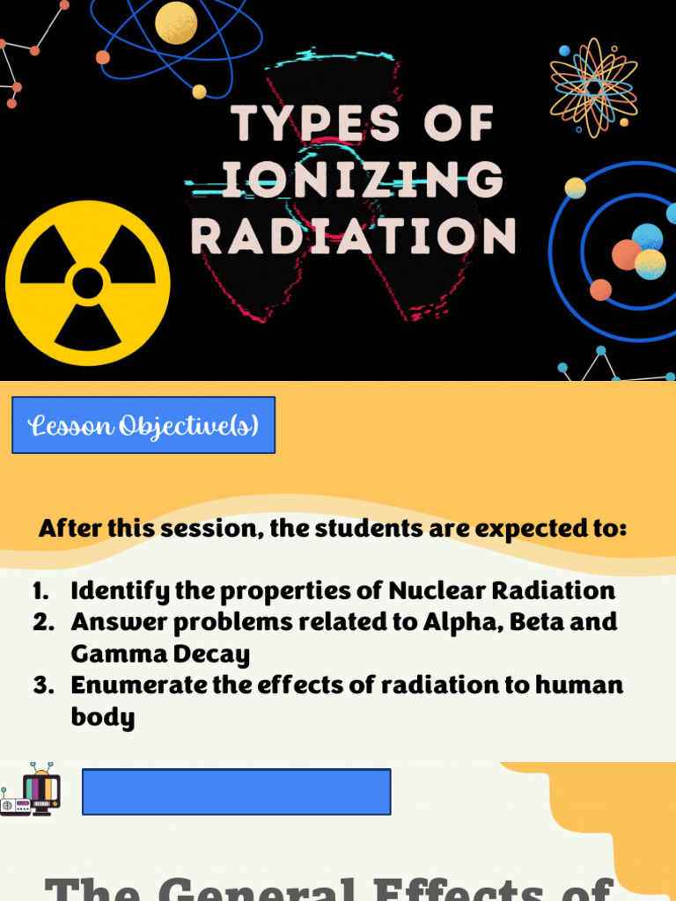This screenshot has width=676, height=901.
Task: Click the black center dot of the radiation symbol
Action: tap(87, 283)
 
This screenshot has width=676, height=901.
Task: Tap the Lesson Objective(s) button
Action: tap(143, 425)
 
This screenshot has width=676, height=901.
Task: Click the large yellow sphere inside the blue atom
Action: tap(176, 23)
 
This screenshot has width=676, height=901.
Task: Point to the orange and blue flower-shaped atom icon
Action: tap(593, 87)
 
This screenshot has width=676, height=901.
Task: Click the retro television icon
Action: tap(40, 790)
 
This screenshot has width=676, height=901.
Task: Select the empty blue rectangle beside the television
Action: tap(236, 791)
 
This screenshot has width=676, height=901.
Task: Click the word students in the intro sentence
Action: tap(350, 529)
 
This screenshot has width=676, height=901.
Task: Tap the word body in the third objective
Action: tap(103, 717)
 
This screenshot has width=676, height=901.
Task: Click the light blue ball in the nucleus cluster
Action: tap(647, 237)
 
